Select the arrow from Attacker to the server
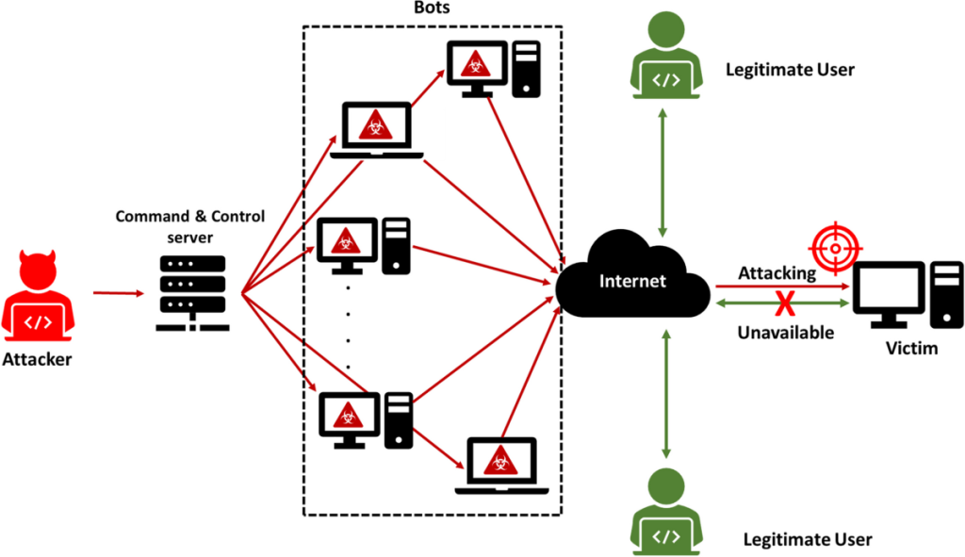coord(118,293)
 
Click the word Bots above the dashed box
coord(433,9)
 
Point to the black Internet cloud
coord(634,280)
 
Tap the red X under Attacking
coord(780,303)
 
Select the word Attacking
coord(777,271)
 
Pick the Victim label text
coord(912,349)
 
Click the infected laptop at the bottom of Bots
coord(495,466)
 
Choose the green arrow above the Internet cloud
coord(666,173)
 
